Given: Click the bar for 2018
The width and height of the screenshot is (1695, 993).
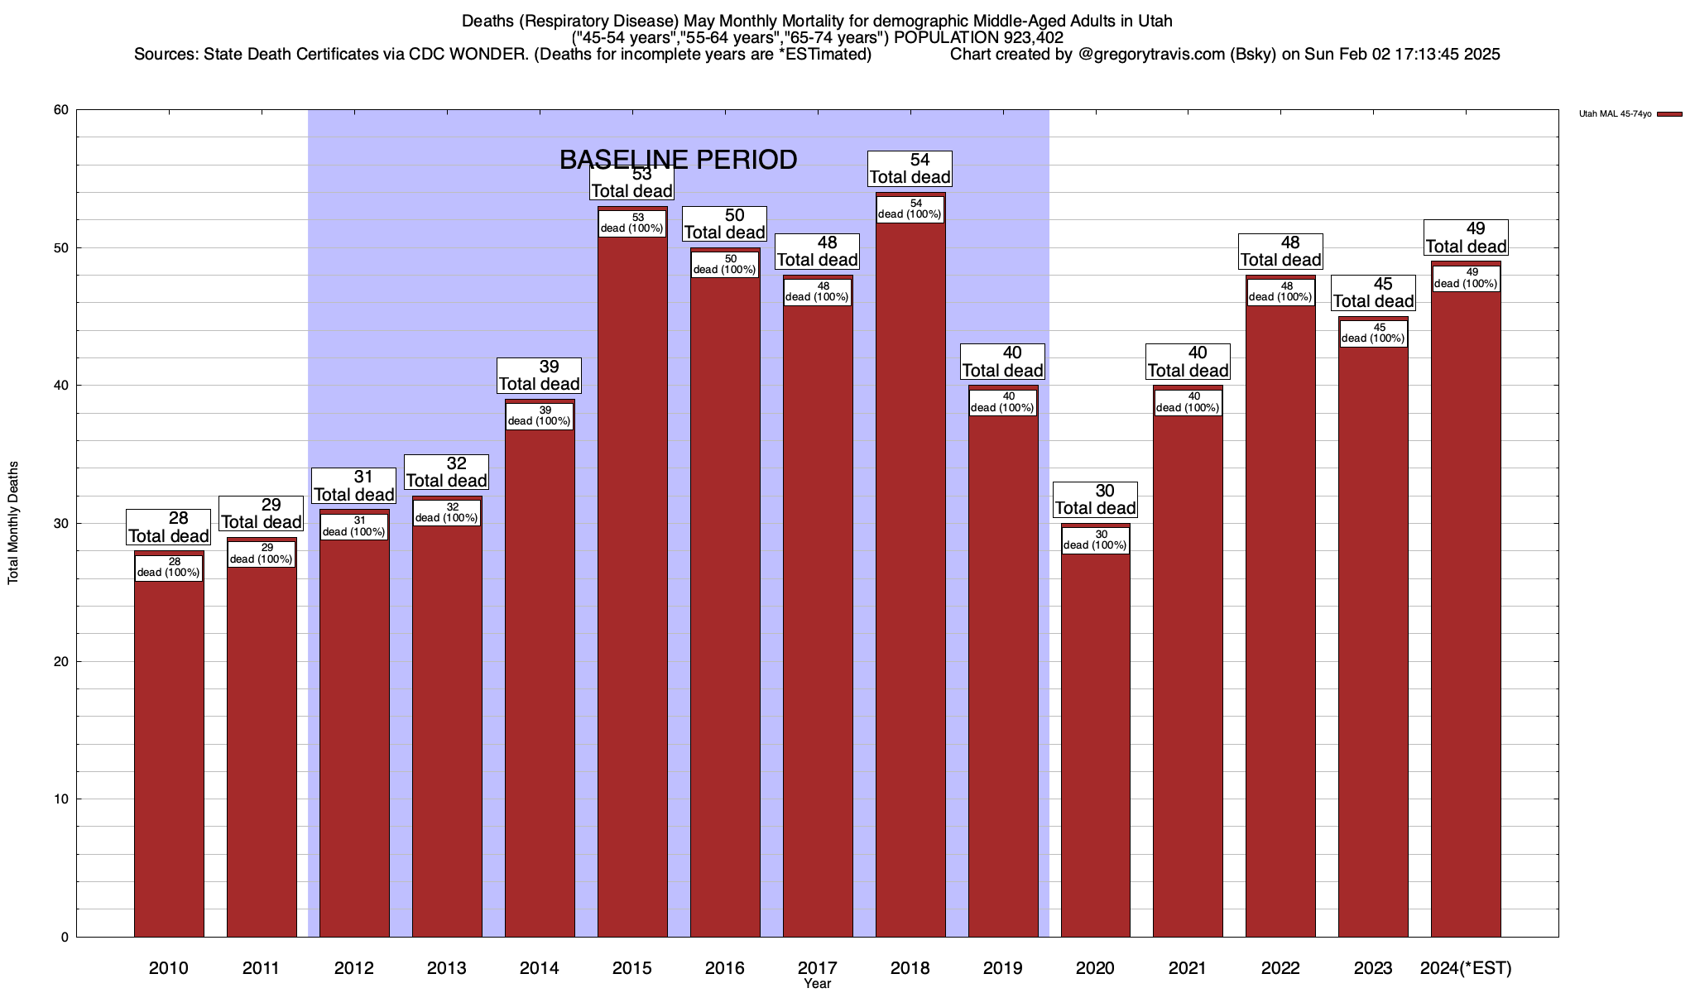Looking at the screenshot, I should [x=910, y=579].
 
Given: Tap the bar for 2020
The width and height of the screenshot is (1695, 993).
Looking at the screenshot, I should [x=1095, y=745].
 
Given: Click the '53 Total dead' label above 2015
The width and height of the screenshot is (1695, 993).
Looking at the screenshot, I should [x=632, y=183].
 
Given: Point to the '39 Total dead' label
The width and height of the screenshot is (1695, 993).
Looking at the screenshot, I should [x=539, y=376].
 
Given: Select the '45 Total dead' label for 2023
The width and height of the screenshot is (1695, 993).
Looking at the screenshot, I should [x=1373, y=293].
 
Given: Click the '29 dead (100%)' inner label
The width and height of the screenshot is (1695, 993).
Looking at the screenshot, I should [x=262, y=554].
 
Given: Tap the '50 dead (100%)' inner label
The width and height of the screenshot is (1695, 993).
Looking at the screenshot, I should [x=724, y=264].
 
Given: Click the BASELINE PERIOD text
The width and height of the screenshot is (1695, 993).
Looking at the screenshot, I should [x=678, y=159].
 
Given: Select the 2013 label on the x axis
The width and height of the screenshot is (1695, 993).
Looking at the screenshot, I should [x=447, y=967].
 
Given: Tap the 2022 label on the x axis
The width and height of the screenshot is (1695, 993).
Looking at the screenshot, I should [x=1280, y=967].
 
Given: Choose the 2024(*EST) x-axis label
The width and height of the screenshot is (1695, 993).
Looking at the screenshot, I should [x=1466, y=967].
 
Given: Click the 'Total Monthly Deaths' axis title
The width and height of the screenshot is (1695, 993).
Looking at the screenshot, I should [x=13, y=523].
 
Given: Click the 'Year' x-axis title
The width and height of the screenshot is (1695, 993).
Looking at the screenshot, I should [x=817, y=984].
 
